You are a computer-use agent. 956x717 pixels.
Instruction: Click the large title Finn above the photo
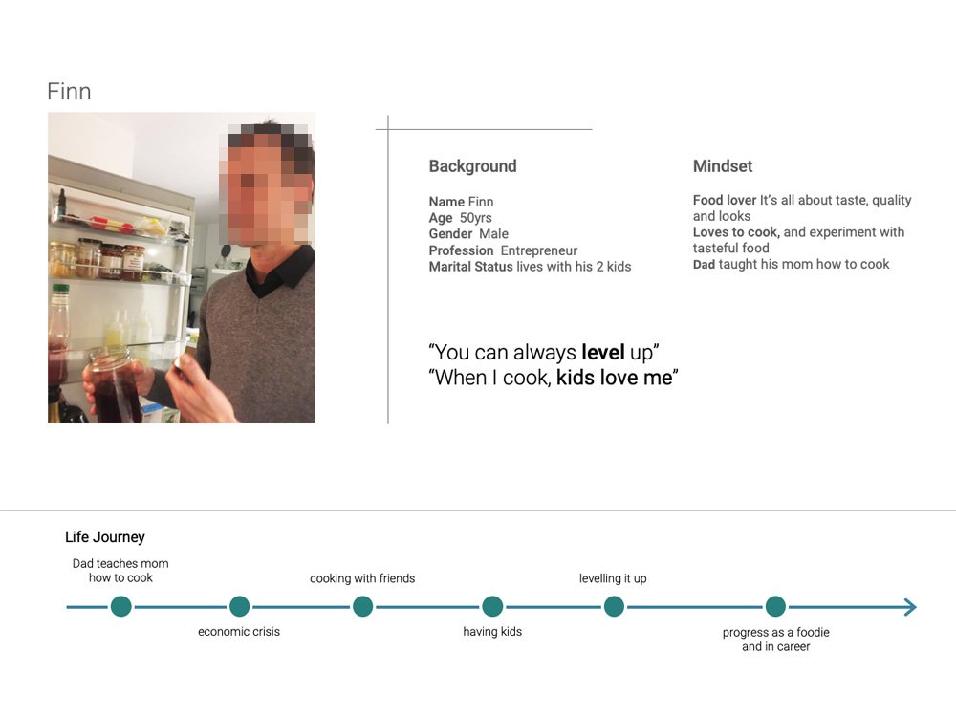point(69,92)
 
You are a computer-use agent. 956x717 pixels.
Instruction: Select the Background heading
point(472,165)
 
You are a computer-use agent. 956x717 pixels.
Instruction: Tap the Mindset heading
point(723,165)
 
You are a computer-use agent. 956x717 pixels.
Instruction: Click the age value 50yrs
point(475,218)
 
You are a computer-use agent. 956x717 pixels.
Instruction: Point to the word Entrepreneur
point(539,250)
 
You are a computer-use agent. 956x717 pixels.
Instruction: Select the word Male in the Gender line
point(494,233)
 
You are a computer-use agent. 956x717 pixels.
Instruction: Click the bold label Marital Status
point(470,267)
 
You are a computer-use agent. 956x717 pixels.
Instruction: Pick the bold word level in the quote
point(603,353)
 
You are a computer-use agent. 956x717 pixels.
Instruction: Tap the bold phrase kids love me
point(614,378)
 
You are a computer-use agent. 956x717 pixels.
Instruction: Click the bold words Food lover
point(725,200)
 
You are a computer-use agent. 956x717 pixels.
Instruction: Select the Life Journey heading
point(105,537)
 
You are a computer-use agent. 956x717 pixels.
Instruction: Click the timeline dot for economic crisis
point(240,607)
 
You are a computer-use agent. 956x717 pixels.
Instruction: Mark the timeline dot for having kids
point(492,607)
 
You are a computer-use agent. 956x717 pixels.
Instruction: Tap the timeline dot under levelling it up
point(614,607)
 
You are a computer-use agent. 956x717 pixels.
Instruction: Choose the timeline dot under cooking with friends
point(362,607)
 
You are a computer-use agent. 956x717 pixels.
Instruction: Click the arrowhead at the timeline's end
point(910,607)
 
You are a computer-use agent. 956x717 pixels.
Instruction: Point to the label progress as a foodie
point(775,632)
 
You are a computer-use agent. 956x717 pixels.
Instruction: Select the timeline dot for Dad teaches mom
point(121,607)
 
